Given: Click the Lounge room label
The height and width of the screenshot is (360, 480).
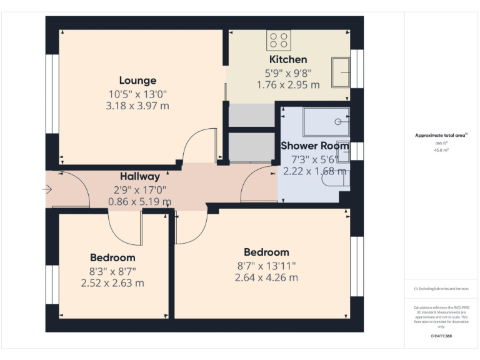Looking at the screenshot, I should click(x=137, y=81).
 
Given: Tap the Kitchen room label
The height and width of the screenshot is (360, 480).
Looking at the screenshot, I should click(x=288, y=59).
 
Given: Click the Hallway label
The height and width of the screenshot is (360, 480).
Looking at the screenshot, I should click(x=140, y=177).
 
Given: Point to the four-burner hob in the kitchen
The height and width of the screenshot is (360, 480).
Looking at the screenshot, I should click(x=279, y=41).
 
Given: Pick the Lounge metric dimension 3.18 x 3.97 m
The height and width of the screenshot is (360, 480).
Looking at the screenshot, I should click(x=137, y=106).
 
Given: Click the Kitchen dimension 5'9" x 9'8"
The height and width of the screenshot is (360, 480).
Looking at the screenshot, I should click(x=288, y=72).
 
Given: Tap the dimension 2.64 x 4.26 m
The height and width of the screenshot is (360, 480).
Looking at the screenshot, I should click(x=266, y=277).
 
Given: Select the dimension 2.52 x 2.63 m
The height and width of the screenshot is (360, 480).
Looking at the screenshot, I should click(x=112, y=282).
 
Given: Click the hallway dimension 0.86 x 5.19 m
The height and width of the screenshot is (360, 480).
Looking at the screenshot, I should click(x=140, y=201).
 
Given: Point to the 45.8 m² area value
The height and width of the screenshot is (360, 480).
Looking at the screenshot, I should click(x=441, y=150).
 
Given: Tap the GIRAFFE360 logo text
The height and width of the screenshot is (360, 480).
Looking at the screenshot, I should click(x=441, y=336).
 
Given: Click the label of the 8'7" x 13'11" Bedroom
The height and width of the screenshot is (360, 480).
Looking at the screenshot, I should click(x=266, y=252).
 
